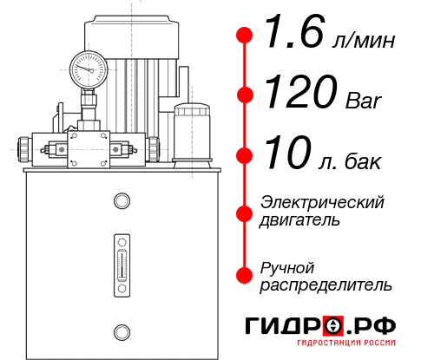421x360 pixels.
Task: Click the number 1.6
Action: click(292, 36)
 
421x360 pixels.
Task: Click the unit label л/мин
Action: click(363, 40)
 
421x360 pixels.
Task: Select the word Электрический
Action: click(322, 202)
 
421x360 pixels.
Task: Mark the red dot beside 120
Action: click(246, 95)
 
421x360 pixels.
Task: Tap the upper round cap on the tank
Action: click(121, 202)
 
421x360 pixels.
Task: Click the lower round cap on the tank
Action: click(121, 330)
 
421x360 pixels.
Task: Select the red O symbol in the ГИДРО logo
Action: click(333, 327)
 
